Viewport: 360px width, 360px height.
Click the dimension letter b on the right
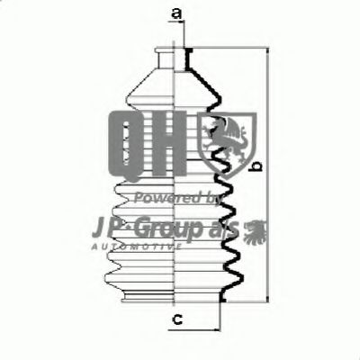click(x=257, y=166)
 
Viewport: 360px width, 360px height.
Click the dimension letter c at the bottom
click(x=177, y=317)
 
